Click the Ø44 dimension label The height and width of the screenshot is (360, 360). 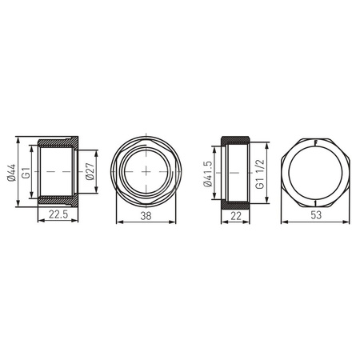coord(12,173)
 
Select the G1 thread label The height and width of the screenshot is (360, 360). coord(26,173)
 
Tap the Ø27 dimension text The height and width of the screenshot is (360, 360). coord(90,171)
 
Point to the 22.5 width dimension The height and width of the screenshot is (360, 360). coord(58,214)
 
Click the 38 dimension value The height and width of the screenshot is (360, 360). coord(146,216)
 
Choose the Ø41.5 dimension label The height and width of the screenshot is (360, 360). coord(208,174)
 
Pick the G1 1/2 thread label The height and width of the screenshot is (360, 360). coord(259,174)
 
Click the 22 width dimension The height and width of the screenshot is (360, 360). coord(236,216)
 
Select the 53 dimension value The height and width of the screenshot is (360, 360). coord(316,215)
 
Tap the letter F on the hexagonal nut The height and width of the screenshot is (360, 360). coord(316,143)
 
